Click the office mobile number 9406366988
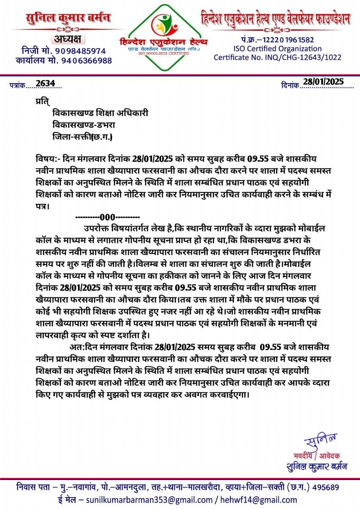point(87,61)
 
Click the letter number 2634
point(45,83)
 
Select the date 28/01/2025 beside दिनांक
point(323,82)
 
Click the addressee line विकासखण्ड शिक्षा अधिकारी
point(100,113)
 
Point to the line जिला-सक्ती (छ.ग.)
point(82,138)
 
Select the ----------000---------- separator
point(107,217)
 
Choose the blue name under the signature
point(317,466)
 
